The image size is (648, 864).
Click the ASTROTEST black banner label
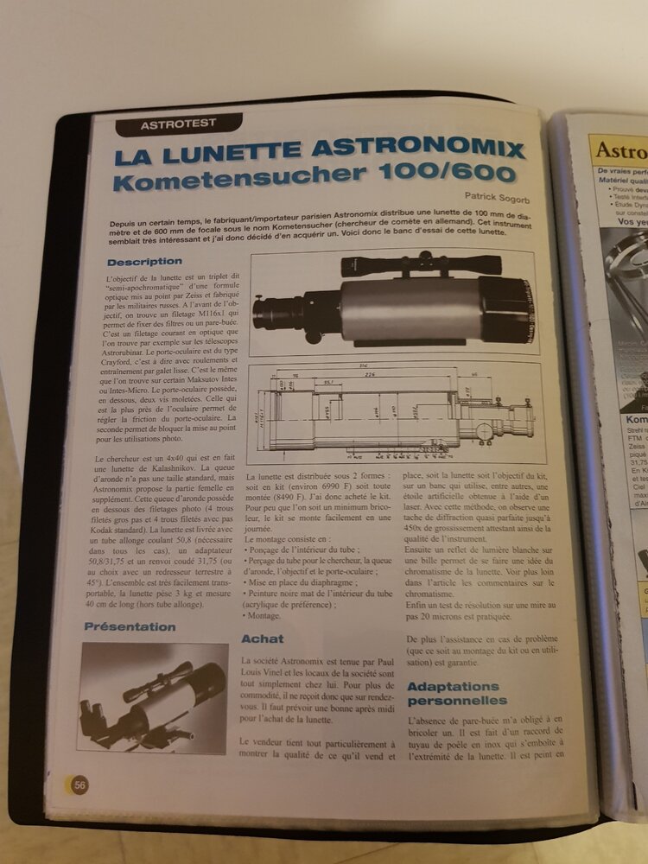[x=178, y=124]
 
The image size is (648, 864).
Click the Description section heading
[x=144, y=261]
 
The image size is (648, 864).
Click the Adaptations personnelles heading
[x=456, y=694]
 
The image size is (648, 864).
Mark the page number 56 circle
[x=79, y=785]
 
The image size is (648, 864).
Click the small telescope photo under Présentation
[x=151, y=696]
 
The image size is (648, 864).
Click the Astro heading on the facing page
[x=621, y=149]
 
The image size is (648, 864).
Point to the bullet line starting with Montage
[x=265, y=616]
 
